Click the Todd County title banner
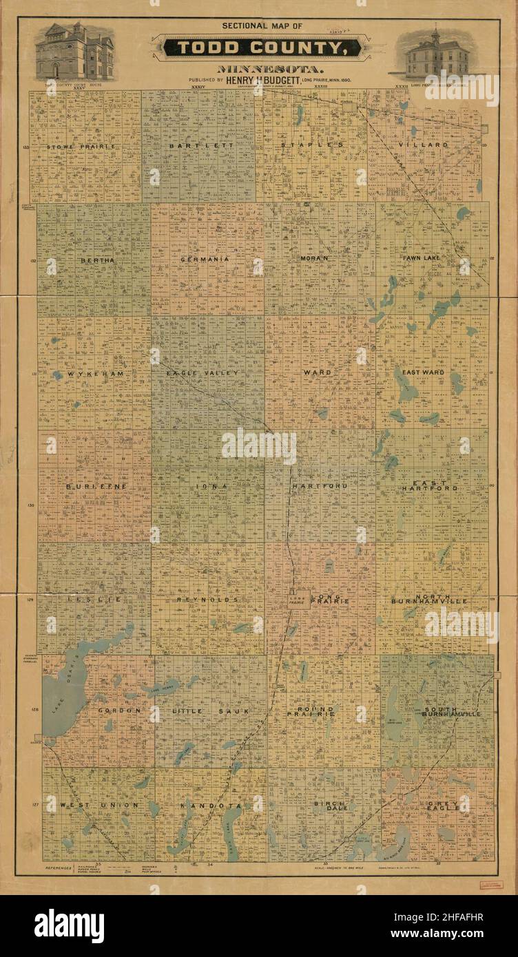[x=259, y=48]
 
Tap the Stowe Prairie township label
[x=81, y=147]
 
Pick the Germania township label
[x=205, y=260]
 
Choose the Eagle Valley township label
[x=203, y=373]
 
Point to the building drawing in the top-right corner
[x=433, y=54]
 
